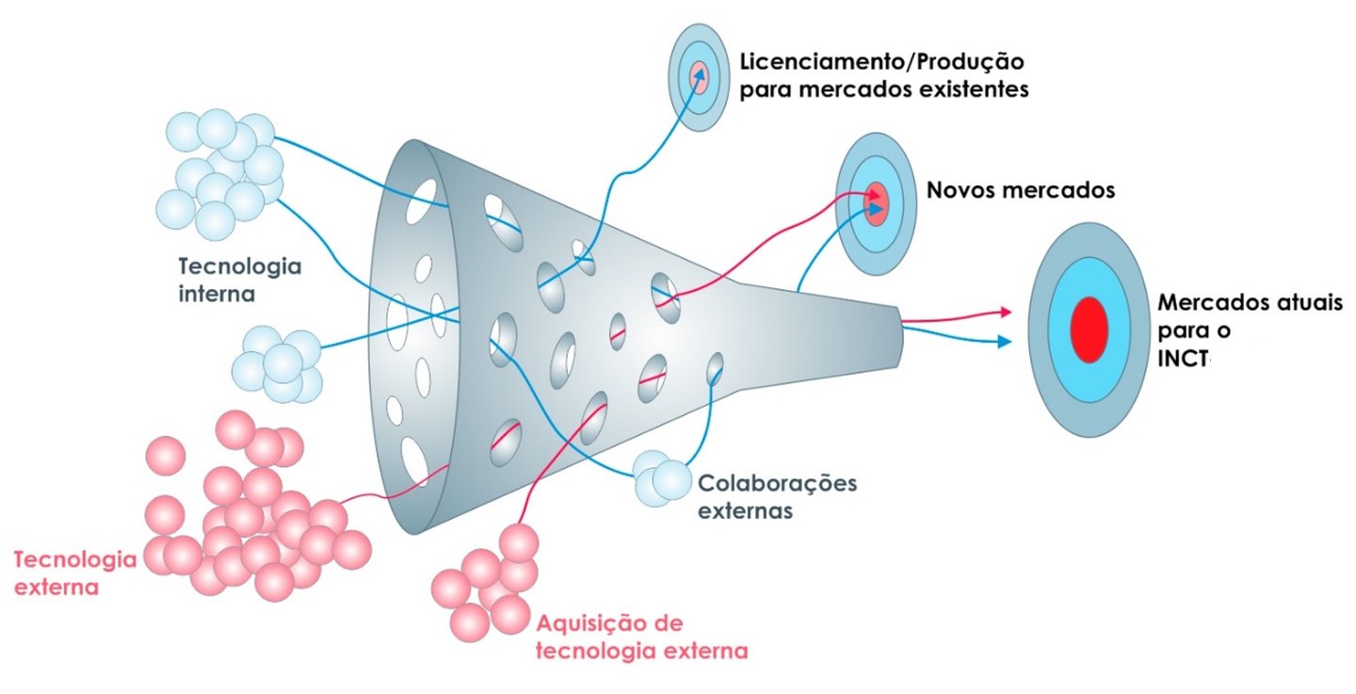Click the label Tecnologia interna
[x=240, y=280]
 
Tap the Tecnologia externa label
[x=75, y=573]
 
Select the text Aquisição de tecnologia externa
[x=641, y=638]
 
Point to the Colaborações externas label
[x=777, y=496]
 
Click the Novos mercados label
[x=1021, y=190]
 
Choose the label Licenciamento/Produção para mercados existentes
[x=884, y=75]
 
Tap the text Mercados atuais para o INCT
[x=1250, y=331]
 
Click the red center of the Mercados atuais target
[x=1089, y=330]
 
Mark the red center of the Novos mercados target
[x=876, y=204]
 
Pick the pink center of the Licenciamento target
[x=699, y=77]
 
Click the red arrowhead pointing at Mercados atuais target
[x=1006, y=312]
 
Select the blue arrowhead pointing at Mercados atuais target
[x=1005, y=342]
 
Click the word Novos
[x=960, y=190]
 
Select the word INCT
[x=1184, y=359]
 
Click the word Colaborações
[x=777, y=484]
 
